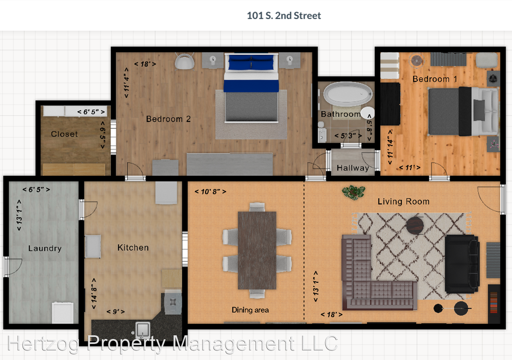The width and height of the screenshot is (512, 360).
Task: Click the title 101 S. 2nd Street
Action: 284,16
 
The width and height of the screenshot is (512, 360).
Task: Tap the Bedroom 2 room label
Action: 168,119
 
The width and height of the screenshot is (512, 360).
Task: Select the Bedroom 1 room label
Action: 434,79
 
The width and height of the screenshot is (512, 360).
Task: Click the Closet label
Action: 64,134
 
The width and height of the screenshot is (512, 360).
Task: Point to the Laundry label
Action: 45,248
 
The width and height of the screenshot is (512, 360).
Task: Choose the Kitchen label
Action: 133,248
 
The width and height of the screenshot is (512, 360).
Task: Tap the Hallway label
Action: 352,168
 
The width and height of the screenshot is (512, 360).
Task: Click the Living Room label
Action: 403,202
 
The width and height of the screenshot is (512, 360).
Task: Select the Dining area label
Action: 250,310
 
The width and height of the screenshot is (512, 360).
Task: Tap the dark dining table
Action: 257,250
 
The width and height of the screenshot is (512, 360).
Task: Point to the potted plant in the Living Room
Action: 354,192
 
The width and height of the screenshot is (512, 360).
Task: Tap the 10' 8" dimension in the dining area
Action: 210,192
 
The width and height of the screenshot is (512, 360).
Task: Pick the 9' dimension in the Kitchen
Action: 115,312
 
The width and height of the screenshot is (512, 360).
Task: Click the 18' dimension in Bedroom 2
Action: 145,64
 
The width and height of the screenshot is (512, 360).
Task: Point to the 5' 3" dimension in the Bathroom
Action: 345,136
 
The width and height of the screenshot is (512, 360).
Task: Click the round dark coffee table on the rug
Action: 415,226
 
